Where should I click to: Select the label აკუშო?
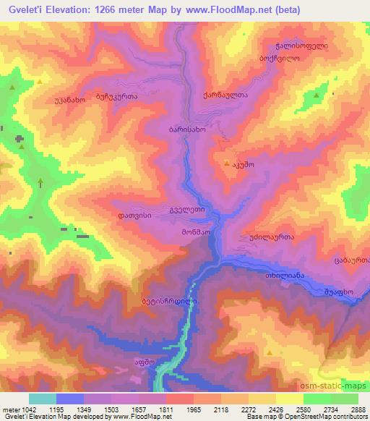244,165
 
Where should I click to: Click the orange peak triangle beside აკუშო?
228,164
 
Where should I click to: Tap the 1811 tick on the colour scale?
166,410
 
